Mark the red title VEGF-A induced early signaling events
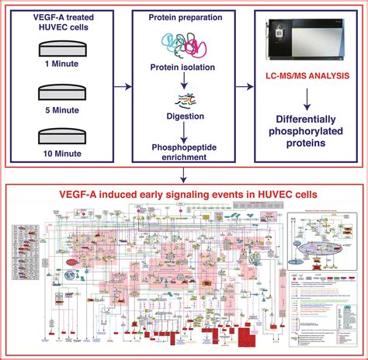[183, 193]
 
